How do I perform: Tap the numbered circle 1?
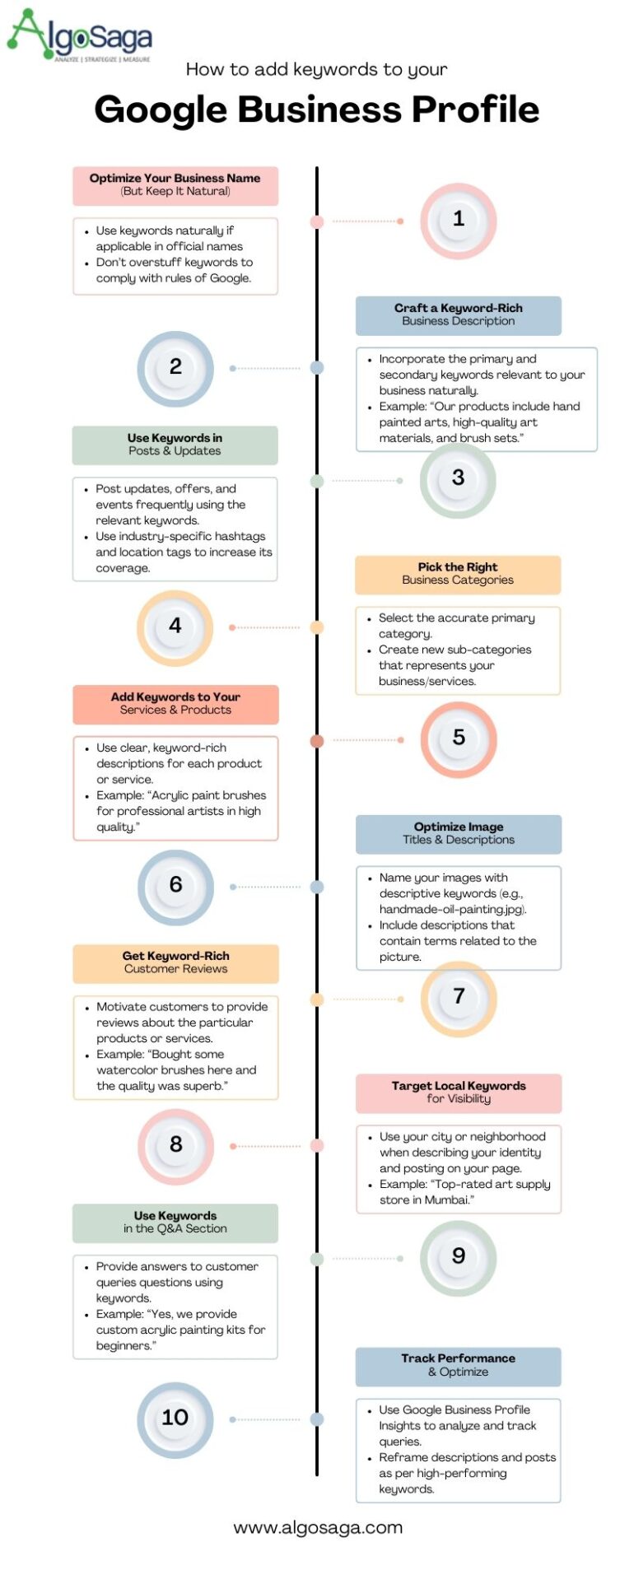459,220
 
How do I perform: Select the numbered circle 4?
175,627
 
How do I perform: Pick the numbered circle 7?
459,998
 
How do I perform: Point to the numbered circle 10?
175,1418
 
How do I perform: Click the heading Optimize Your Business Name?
175,184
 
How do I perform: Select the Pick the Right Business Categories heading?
458,574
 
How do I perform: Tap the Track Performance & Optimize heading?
458,1365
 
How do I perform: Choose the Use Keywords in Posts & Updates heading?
175,445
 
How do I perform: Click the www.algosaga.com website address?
318,1528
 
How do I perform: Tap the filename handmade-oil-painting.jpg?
452,910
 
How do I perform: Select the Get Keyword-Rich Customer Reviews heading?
175,962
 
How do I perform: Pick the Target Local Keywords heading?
459,1092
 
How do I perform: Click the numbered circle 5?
459,738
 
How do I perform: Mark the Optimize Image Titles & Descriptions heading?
459,833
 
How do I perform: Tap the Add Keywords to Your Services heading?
175,703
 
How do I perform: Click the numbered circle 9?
459,1256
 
